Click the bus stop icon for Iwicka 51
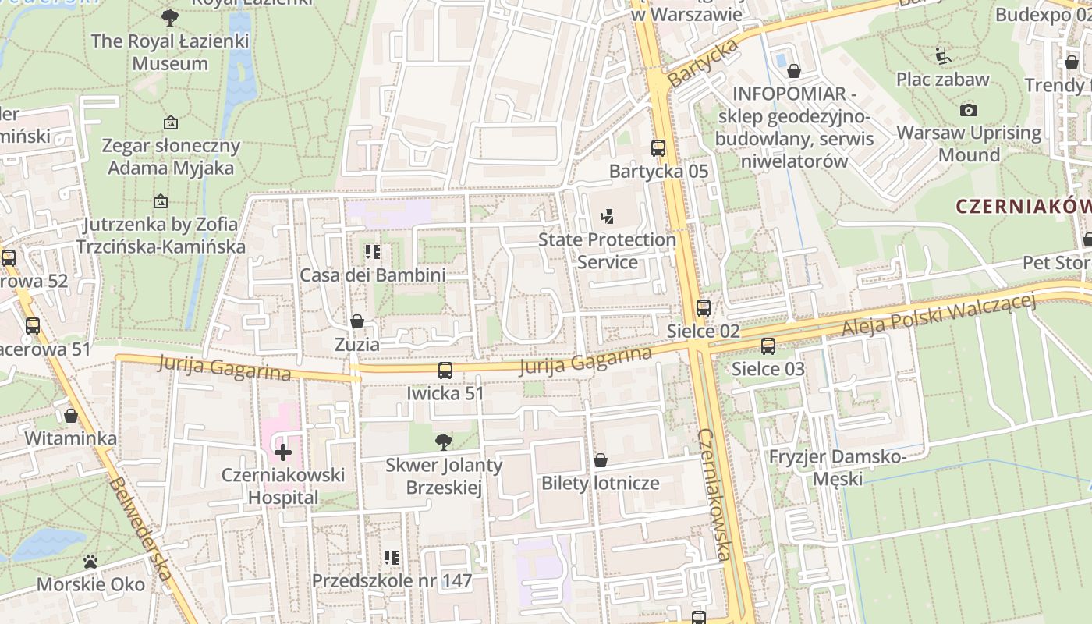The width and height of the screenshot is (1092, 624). pos(445,370)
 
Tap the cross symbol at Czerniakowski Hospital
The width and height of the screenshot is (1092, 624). pos(282,452)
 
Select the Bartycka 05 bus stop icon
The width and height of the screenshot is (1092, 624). pos(658,147)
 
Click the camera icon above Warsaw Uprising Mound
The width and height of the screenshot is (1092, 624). pos(969,110)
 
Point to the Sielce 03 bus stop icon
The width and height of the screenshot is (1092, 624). pos(768,346)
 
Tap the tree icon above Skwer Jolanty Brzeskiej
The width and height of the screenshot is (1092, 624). pos(444,442)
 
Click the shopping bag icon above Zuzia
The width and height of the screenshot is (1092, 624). pos(357,321)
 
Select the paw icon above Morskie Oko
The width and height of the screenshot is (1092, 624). pos(90,562)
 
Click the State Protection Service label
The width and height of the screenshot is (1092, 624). pos(607,250)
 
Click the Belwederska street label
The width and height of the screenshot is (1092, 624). pos(141,528)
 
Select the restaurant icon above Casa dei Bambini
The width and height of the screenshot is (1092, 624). pos(373,252)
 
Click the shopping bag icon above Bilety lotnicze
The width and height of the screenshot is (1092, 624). pos(601,460)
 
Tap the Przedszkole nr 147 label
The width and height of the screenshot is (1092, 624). pos(392,580)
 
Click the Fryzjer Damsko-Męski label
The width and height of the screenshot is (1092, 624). pos(837,466)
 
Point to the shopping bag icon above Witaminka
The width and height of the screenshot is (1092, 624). pos(71,416)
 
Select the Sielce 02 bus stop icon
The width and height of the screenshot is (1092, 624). pos(704,308)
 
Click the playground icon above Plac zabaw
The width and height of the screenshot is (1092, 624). pos(942,56)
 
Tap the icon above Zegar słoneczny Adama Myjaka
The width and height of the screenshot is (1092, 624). pos(171,122)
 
